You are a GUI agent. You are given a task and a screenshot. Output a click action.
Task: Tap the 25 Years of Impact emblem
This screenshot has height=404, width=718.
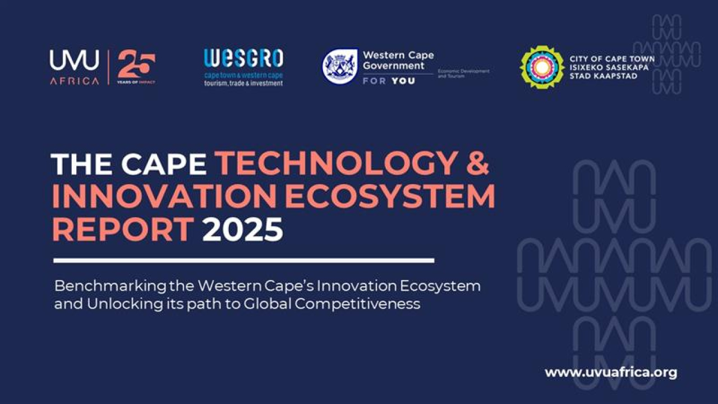click(136, 67)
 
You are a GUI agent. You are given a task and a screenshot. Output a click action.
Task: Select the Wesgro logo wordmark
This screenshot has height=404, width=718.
click(243, 58)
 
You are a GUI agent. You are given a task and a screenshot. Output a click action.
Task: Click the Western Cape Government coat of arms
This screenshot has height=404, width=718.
click(340, 66)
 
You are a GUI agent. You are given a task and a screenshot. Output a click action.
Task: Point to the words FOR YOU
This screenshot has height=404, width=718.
click(388, 81)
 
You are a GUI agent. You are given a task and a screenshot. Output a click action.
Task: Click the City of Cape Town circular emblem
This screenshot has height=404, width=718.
click(542, 67)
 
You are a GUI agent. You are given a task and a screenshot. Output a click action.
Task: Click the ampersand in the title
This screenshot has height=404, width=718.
click(477, 163)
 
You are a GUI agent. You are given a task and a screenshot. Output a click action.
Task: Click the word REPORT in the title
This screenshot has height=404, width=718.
click(122, 229)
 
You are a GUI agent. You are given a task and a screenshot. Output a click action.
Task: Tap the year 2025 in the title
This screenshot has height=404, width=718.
click(242, 229)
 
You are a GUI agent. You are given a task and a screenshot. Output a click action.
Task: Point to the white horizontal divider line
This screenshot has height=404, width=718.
click(243, 260)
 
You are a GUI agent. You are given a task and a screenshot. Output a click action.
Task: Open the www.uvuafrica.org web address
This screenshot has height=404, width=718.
click(611, 372)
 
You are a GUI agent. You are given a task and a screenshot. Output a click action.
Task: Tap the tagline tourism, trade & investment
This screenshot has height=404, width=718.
click(243, 84)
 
